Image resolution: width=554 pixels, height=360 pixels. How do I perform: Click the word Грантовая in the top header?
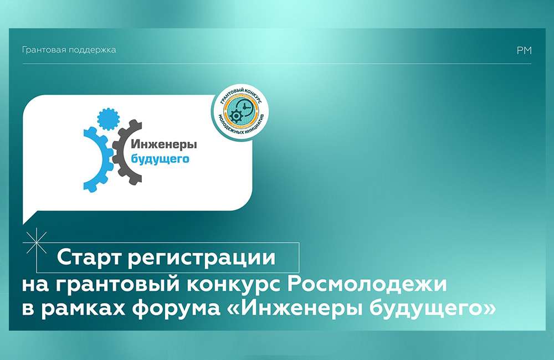click(43, 50)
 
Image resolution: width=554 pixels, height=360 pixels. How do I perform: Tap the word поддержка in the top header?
click(92, 50)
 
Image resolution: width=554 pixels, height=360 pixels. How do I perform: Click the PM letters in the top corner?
click(524, 50)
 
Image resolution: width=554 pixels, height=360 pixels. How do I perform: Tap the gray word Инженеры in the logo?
click(164, 145)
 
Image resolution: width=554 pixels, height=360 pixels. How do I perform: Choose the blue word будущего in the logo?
click(160, 158)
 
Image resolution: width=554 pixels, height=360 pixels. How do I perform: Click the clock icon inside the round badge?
click(244, 106)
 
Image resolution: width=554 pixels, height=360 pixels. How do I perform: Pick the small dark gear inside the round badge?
click(235, 116)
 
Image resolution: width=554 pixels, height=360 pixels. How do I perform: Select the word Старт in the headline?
click(89, 258)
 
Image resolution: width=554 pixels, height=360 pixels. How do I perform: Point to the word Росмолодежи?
click(367, 285)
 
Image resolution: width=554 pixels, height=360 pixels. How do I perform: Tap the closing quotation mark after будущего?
click(489, 310)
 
